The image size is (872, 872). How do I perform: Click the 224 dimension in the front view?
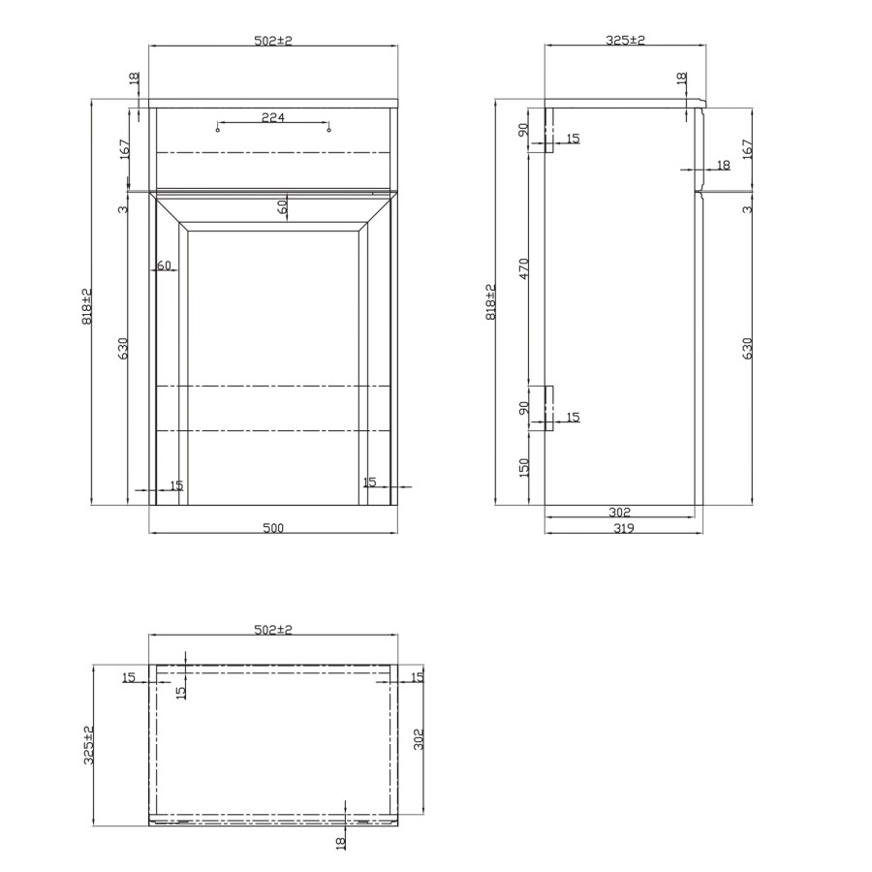[x=272, y=117]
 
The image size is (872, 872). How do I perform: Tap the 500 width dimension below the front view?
[x=272, y=528]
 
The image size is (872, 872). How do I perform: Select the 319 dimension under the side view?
[x=624, y=528]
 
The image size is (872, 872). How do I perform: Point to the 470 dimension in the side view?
[x=523, y=268]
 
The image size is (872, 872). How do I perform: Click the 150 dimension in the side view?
[x=523, y=469]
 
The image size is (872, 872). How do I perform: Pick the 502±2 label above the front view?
[x=272, y=40]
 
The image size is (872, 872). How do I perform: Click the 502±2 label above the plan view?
[x=272, y=629]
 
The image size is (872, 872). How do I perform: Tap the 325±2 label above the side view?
[x=625, y=40]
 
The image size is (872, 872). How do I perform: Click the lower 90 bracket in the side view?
[x=547, y=408]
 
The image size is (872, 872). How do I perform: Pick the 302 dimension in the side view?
[x=620, y=512]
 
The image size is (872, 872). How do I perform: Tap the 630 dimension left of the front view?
[x=123, y=349]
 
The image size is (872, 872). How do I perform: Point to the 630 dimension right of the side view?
[x=747, y=349]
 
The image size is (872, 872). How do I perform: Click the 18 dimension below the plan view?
[x=341, y=843]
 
